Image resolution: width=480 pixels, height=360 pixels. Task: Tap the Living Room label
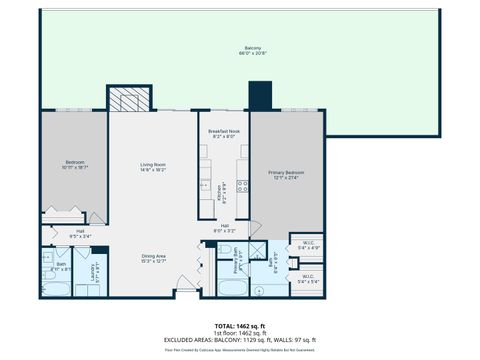click(x=152, y=166)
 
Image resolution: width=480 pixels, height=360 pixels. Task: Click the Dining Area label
click(x=153, y=258)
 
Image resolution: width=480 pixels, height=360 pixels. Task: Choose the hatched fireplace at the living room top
click(x=129, y=97)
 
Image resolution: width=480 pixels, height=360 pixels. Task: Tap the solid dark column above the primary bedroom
click(x=260, y=97)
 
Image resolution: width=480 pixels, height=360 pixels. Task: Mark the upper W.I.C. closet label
click(x=308, y=244)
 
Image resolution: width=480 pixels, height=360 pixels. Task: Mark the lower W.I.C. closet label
click(x=308, y=278)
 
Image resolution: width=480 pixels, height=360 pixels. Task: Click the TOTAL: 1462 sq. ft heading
click(x=240, y=326)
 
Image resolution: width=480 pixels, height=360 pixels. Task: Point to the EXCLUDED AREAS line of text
click(x=240, y=340)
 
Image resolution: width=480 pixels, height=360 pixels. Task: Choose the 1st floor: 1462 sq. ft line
click(x=240, y=333)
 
